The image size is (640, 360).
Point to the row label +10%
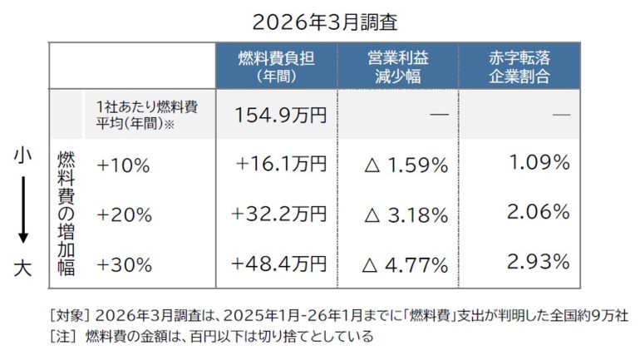tap(123, 165)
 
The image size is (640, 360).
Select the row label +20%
tap(124, 215)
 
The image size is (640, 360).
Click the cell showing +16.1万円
tap(281, 165)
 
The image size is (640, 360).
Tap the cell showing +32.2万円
tap(280, 214)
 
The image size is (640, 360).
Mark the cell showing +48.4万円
tap(280, 264)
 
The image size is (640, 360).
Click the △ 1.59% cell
tap(406, 165)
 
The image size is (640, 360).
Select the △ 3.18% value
tap(406, 215)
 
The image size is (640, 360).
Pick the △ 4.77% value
tap(406, 265)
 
